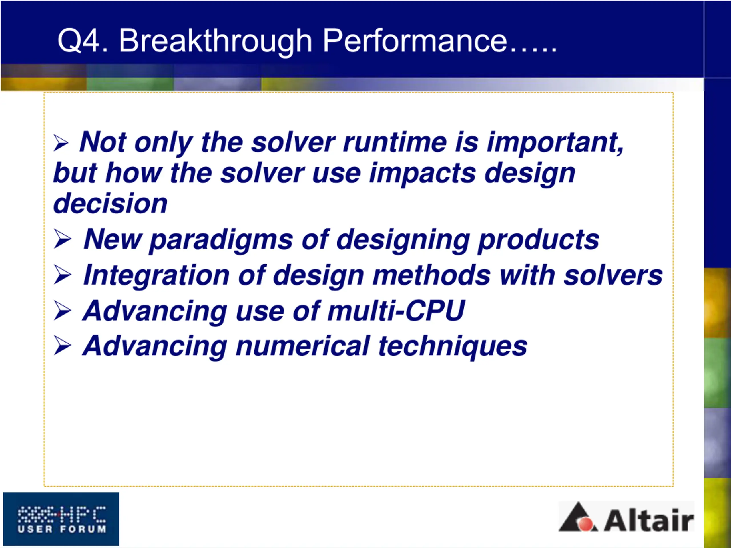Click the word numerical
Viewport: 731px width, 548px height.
point(302,346)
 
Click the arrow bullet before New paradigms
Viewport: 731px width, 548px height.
point(62,239)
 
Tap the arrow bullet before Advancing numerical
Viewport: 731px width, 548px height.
point(62,346)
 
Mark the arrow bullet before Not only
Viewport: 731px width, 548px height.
point(61,143)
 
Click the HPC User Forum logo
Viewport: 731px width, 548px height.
point(61,519)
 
